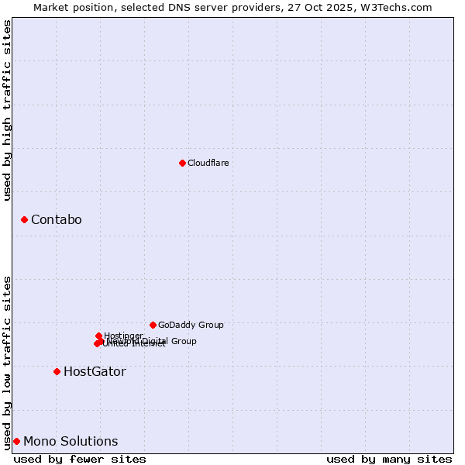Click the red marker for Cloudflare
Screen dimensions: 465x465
182,163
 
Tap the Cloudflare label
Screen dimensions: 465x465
208,163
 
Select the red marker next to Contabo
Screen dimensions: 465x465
24,220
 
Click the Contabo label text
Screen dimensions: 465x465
56,220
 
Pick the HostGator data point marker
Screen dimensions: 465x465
57,372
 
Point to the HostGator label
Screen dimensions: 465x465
95,372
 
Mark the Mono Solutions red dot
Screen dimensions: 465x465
16,442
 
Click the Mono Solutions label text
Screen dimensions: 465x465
71,442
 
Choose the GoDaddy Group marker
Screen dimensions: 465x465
153,325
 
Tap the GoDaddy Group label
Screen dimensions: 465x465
191,325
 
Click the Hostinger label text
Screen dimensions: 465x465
123,336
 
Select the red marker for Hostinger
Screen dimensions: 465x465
98,336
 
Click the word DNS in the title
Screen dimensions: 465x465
174,7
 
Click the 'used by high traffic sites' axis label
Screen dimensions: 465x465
7,110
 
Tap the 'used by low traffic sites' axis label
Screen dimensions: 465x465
7,362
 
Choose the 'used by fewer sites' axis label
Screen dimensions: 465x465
80,460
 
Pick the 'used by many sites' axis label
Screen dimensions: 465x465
389,460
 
